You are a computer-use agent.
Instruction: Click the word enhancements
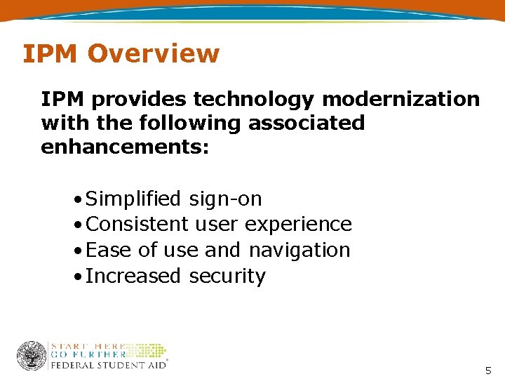click(x=124, y=147)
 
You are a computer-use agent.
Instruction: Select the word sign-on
click(x=225, y=199)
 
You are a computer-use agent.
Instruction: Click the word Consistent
click(x=137, y=225)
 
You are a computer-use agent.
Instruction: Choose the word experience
click(x=298, y=225)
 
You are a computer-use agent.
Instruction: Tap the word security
click(x=227, y=276)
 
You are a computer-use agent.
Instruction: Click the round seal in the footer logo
click(x=32, y=356)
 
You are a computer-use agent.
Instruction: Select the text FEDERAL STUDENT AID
click(x=108, y=365)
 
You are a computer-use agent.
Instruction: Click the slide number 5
click(x=488, y=371)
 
